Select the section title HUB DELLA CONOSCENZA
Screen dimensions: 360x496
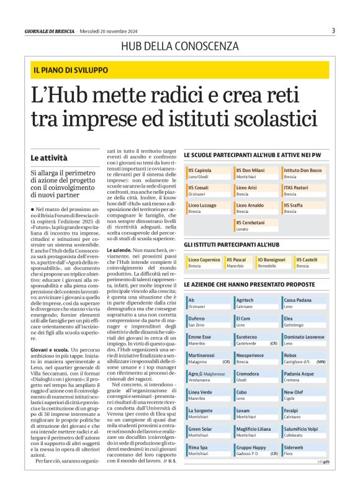click(179, 46)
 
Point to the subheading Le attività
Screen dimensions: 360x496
click(48, 158)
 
